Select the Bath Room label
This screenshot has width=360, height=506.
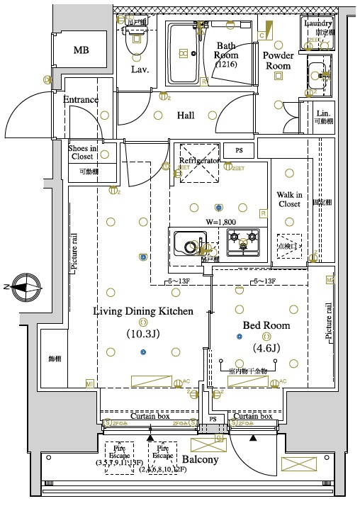click(x=227, y=55)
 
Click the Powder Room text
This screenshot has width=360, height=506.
click(x=278, y=60)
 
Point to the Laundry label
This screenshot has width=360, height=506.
click(x=317, y=23)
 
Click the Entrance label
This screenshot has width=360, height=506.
click(x=81, y=99)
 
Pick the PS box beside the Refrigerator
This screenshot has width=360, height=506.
click(x=238, y=151)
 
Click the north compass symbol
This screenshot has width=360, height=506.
click(x=23, y=287)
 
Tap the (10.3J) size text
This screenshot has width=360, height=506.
click(x=144, y=334)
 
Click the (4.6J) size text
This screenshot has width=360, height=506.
click(x=266, y=348)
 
